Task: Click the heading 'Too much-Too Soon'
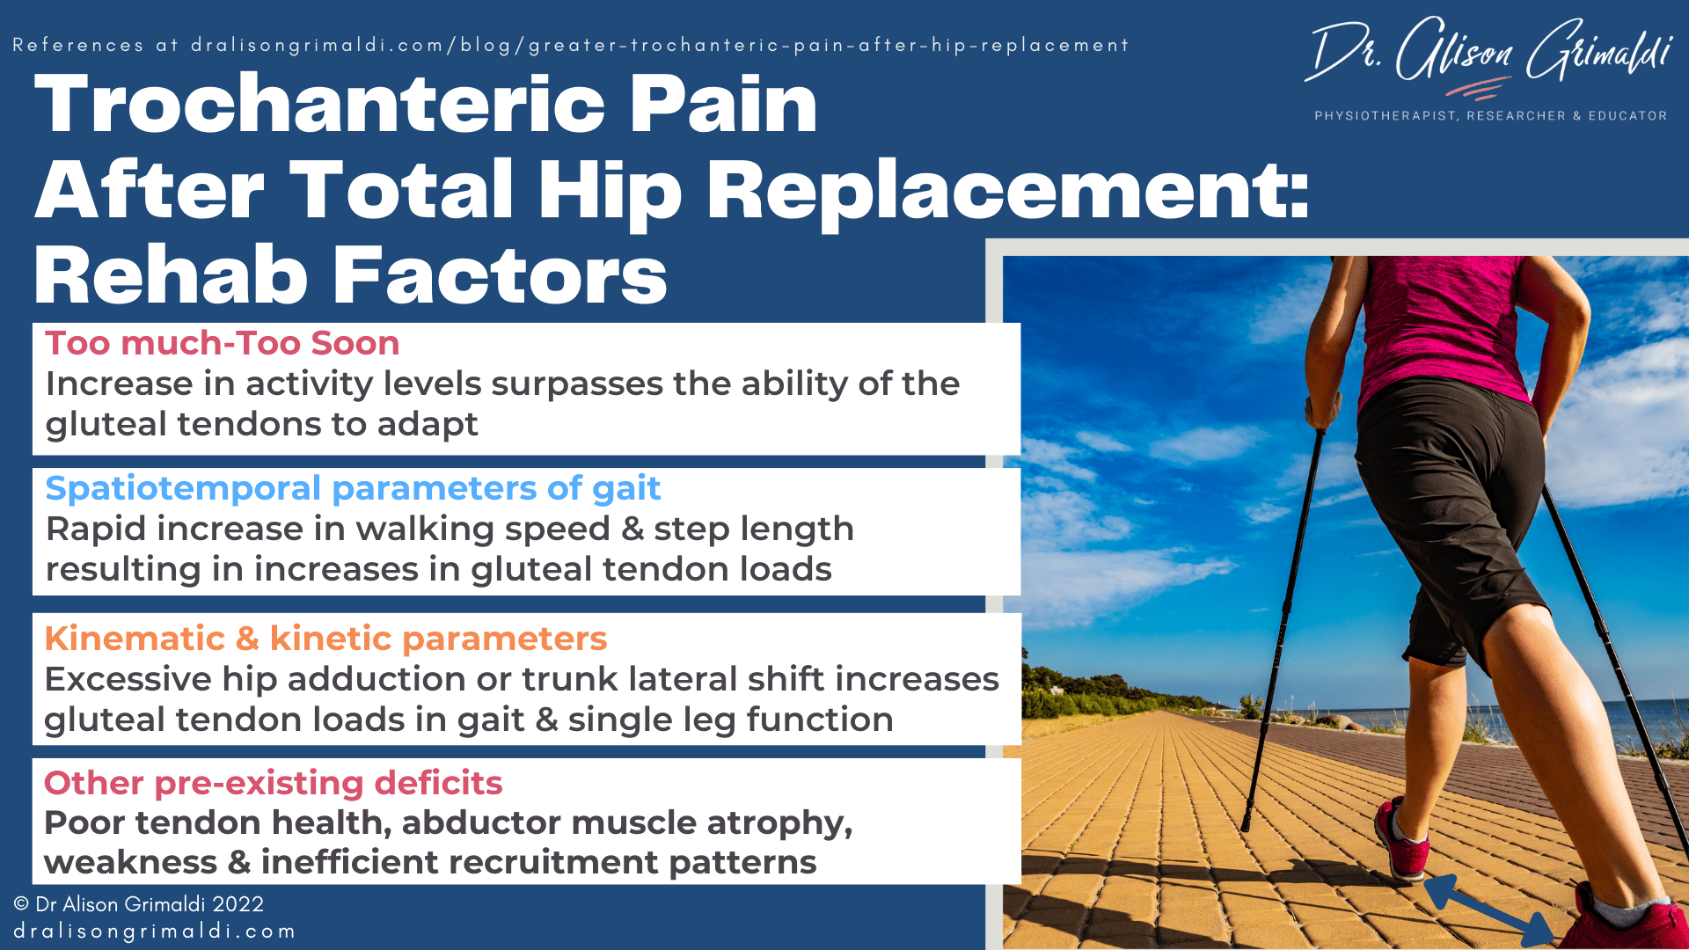point(222,343)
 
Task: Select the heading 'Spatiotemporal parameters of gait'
point(352,488)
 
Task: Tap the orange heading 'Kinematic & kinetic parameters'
point(325,639)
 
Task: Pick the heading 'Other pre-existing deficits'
point(273,783)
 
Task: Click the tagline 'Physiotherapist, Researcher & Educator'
point(1490,115)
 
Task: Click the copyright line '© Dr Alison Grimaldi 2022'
point(138,904)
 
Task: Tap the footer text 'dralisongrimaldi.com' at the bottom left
point(154,931)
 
